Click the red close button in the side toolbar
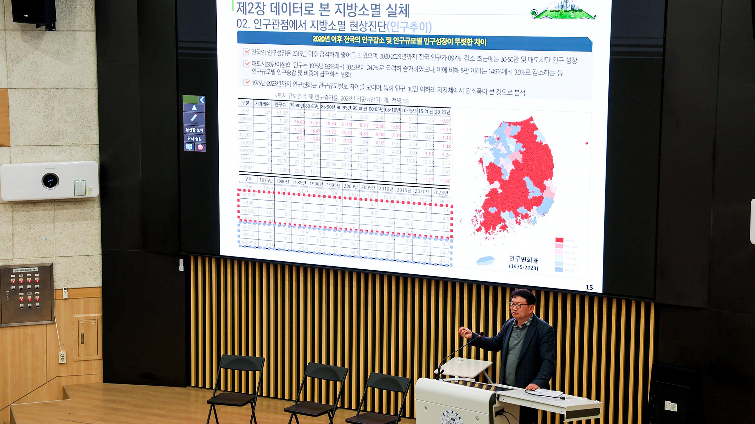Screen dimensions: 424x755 200,147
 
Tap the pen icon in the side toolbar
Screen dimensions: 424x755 194,118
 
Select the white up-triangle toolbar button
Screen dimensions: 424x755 194,108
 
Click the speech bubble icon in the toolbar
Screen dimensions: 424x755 189,147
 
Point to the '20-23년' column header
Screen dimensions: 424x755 443,112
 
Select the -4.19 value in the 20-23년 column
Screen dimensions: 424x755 446,129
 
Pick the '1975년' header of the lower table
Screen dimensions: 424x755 266,180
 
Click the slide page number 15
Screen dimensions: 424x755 589,287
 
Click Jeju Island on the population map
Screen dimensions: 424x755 485,261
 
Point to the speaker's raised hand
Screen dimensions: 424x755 463,331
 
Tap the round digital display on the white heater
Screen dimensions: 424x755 50,181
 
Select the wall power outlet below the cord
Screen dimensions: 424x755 62,357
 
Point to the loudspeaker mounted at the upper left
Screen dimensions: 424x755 34,12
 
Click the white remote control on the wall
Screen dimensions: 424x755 65,292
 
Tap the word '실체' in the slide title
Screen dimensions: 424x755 398,10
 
